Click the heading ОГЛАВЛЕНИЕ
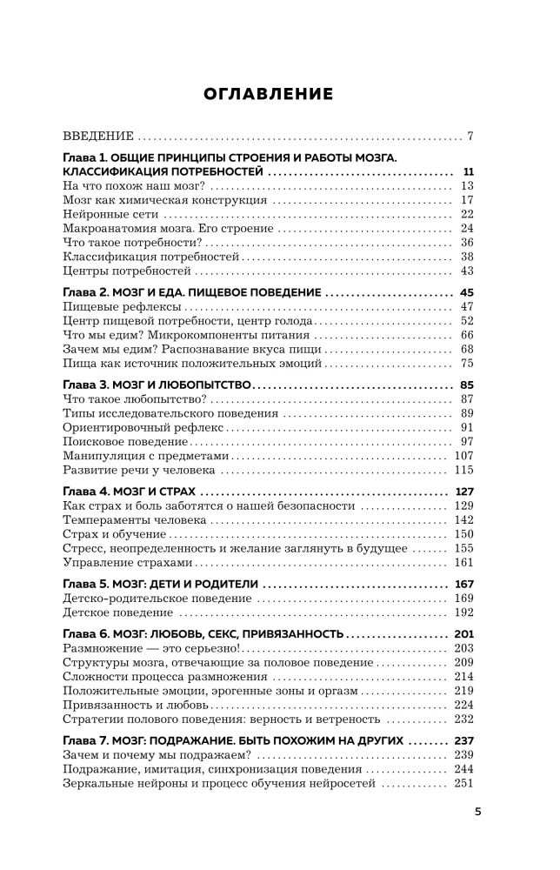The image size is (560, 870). tap(267, 94)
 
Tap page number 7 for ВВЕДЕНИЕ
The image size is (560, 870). tap(470, 137)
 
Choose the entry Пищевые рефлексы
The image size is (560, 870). tap(123, 307)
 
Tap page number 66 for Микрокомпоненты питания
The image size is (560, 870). tap(465, 335)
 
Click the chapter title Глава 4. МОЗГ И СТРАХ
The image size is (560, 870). tap(136, 492)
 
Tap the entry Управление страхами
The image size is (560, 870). tap(127, 562)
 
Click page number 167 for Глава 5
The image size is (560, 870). tap(463, 584)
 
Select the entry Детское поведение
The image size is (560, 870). tap(118, 612)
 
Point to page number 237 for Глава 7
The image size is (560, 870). tap(463, 740)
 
